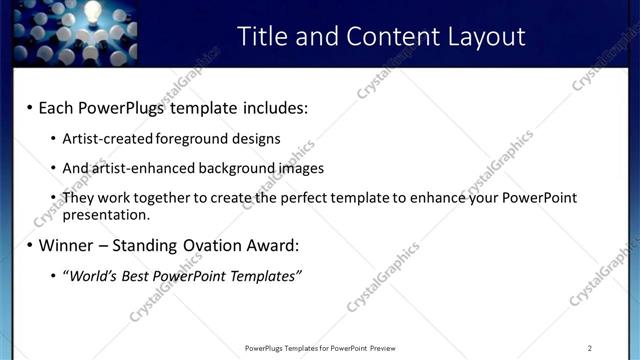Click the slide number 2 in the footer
590,348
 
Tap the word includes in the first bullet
272,107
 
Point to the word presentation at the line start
106,214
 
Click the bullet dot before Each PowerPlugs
29,107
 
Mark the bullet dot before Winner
29,245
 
